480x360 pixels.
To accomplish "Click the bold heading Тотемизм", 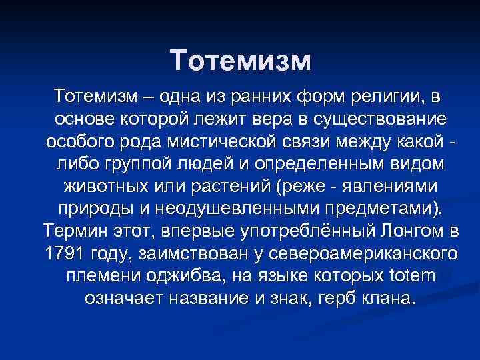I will point(240,61).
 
